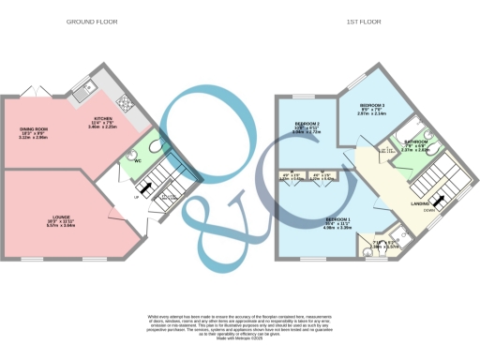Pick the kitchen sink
pos(85,91)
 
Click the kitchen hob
pos(122,100)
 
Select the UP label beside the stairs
pos(138,198)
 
